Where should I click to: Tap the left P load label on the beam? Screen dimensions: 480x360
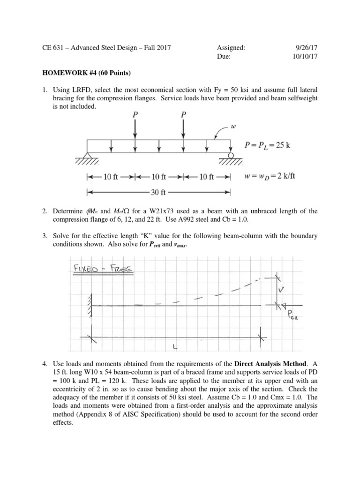(x=135, y=114)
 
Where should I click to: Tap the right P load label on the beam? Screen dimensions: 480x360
(x=183, y=114)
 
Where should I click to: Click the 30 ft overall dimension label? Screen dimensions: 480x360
(x=158, y=192)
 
